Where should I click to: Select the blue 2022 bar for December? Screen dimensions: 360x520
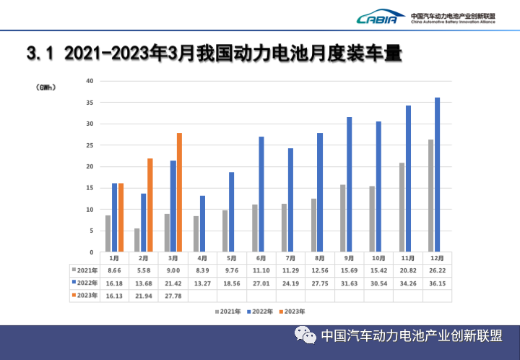tap(437, 175)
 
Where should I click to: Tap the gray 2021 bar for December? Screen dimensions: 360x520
tap(430, 196)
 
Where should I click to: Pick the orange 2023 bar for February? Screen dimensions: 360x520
tap(150, 205)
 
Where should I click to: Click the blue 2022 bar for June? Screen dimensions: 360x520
tap(261, 194)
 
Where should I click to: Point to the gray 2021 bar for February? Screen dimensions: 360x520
tap(137, 240)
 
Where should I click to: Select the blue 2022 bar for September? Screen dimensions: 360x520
tap(349, 184)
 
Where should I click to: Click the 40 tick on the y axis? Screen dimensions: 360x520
tap(90, 81)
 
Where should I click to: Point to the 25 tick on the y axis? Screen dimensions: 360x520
tap(90, 145)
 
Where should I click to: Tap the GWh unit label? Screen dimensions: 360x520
tap(45, 87)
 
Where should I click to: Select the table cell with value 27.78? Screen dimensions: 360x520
tap(173, 295)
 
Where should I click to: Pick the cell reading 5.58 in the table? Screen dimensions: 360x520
tap(144, 270)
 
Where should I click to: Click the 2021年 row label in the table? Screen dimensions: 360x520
tap(86, 270)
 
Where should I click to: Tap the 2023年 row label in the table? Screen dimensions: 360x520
tap(86, 295)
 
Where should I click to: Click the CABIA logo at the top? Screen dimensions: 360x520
tap(378, 17)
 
